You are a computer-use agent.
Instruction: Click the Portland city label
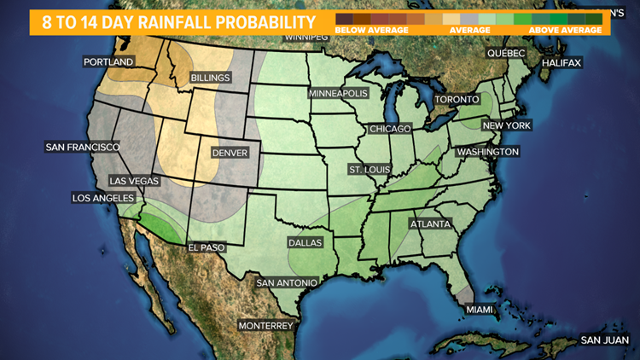(x=108, y=62)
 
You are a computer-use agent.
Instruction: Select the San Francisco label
(x=82, y=147)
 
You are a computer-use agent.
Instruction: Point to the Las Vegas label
(x=133, y=181)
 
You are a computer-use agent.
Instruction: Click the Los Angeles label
(x=103, y=198)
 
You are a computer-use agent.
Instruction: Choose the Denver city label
(x=228, y=153)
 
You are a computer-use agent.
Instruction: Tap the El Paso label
(x=207, y=247)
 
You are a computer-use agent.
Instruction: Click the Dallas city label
(x=305, y=242)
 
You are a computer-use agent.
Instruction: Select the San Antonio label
(x=288, y=282)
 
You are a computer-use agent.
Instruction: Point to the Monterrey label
(x=265, y=326)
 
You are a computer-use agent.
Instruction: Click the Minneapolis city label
(x=338, y=92)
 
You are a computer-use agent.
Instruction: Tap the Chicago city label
(x=390, y=129)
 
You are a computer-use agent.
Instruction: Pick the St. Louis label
(x=369, y=169)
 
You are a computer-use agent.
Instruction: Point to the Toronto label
(x=458, y=100)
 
